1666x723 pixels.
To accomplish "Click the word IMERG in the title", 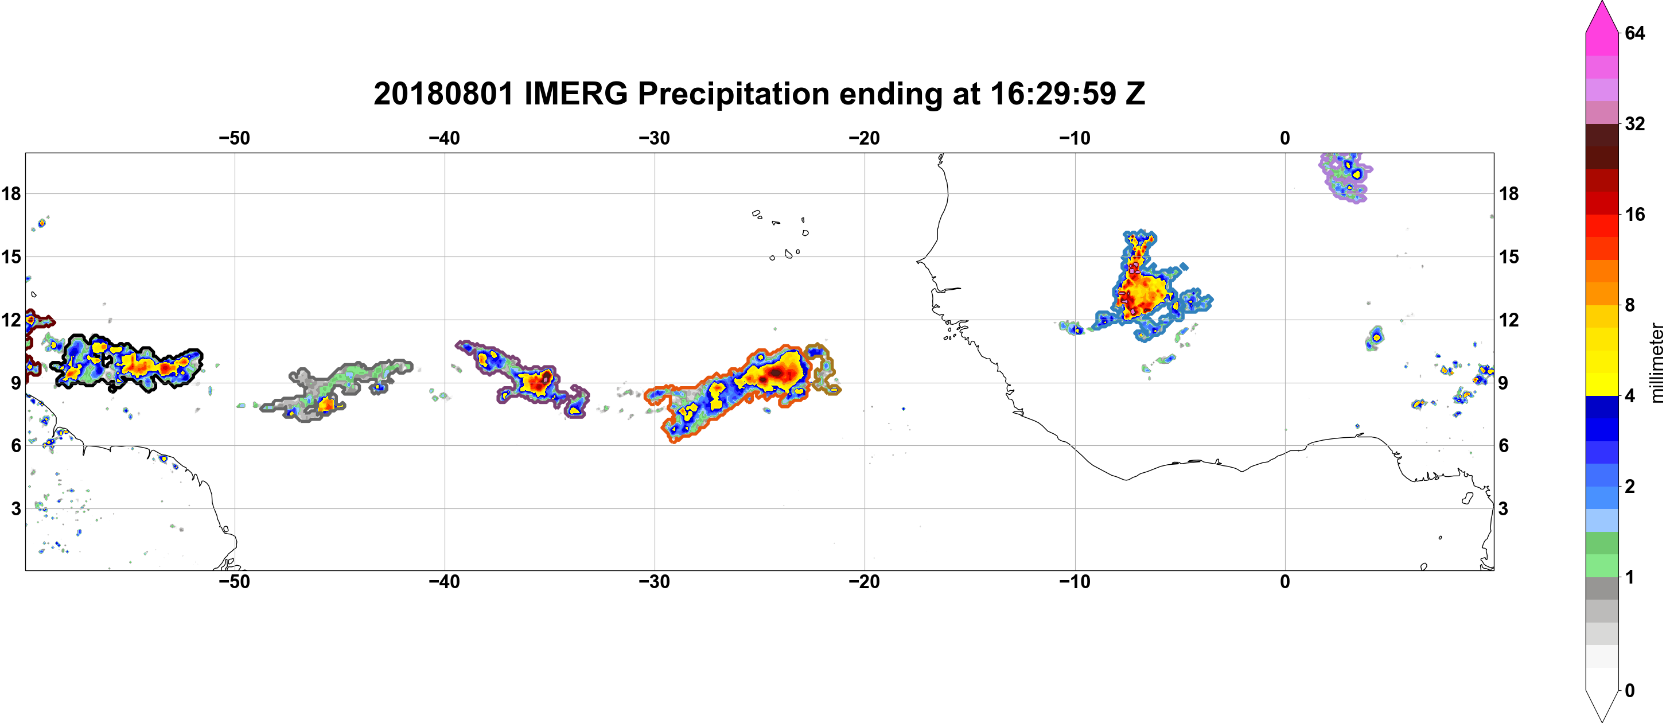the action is click(x=575, y=94).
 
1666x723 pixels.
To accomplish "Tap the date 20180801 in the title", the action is click(x=443, y=94).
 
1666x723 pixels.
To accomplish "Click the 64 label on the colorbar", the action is click(x=1634, y=32).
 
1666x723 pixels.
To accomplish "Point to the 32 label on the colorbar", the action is click(x=1634, y=123).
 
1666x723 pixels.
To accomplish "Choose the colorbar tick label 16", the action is click(x=1634, y=214).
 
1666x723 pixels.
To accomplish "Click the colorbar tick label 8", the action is click(x=1630, y=305).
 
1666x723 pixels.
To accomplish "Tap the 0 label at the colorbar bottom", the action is click(x=1630, y=690).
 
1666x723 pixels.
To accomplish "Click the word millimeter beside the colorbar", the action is click(x=1656, y=363).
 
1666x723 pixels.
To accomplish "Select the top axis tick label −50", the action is click(x=234, y=138).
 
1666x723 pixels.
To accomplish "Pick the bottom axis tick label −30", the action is click(x=655, y=581).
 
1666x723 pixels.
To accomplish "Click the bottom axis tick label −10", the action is click(x=1075, y=581).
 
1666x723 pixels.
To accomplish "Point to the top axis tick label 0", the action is click(x=1285, y=138).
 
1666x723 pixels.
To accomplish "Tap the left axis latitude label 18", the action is click(x=11, y=193).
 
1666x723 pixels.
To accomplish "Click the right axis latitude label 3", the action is click(x=1503, y=508).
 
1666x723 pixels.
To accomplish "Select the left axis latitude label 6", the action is click(x=15, y=445).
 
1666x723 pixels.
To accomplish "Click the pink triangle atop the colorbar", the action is click(x=1602, y=16).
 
